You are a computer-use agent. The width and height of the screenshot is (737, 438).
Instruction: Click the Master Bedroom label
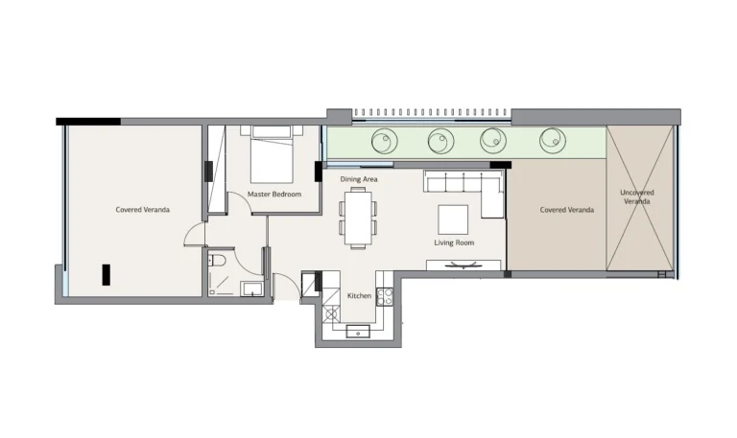[x=274, y=194]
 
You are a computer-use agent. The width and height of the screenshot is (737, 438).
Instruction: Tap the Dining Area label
[x=359, y=179]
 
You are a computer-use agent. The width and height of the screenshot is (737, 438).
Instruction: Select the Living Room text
[x=454, y=242]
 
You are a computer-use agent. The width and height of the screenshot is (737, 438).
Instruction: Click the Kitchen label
[x=359, y=296]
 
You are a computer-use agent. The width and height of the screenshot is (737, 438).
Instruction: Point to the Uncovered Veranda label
[x=637, y=196]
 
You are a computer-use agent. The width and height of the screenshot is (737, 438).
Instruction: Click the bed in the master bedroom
[x=272, y=154]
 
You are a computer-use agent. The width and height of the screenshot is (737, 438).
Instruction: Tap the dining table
[x=358, y=218]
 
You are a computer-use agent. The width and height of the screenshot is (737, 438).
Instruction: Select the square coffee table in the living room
[x=453, y=219]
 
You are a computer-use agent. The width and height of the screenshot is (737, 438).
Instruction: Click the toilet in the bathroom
[x=217, y=260]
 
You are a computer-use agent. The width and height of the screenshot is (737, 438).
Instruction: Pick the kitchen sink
[x=358, y=332]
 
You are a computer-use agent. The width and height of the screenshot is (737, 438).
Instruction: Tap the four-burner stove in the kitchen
[x=385, y=296]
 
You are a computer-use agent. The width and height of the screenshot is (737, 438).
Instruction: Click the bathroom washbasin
[x=252, y=288]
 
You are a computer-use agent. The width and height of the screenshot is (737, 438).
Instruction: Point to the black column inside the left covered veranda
[x=107, y=275]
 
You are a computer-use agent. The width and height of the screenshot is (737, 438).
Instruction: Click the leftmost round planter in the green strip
[x=385, y=141]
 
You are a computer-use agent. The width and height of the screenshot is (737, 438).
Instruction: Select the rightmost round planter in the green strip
[x=553, y=140]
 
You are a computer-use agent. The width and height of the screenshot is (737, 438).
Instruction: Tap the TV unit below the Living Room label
[x=464, y=265]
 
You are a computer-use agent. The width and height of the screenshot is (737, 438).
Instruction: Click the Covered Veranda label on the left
[x=142, y=209]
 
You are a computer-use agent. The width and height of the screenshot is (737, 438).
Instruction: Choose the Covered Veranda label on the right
[x=567, y=210]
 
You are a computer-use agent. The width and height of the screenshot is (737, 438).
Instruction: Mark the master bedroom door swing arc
[x=246, y=199]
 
